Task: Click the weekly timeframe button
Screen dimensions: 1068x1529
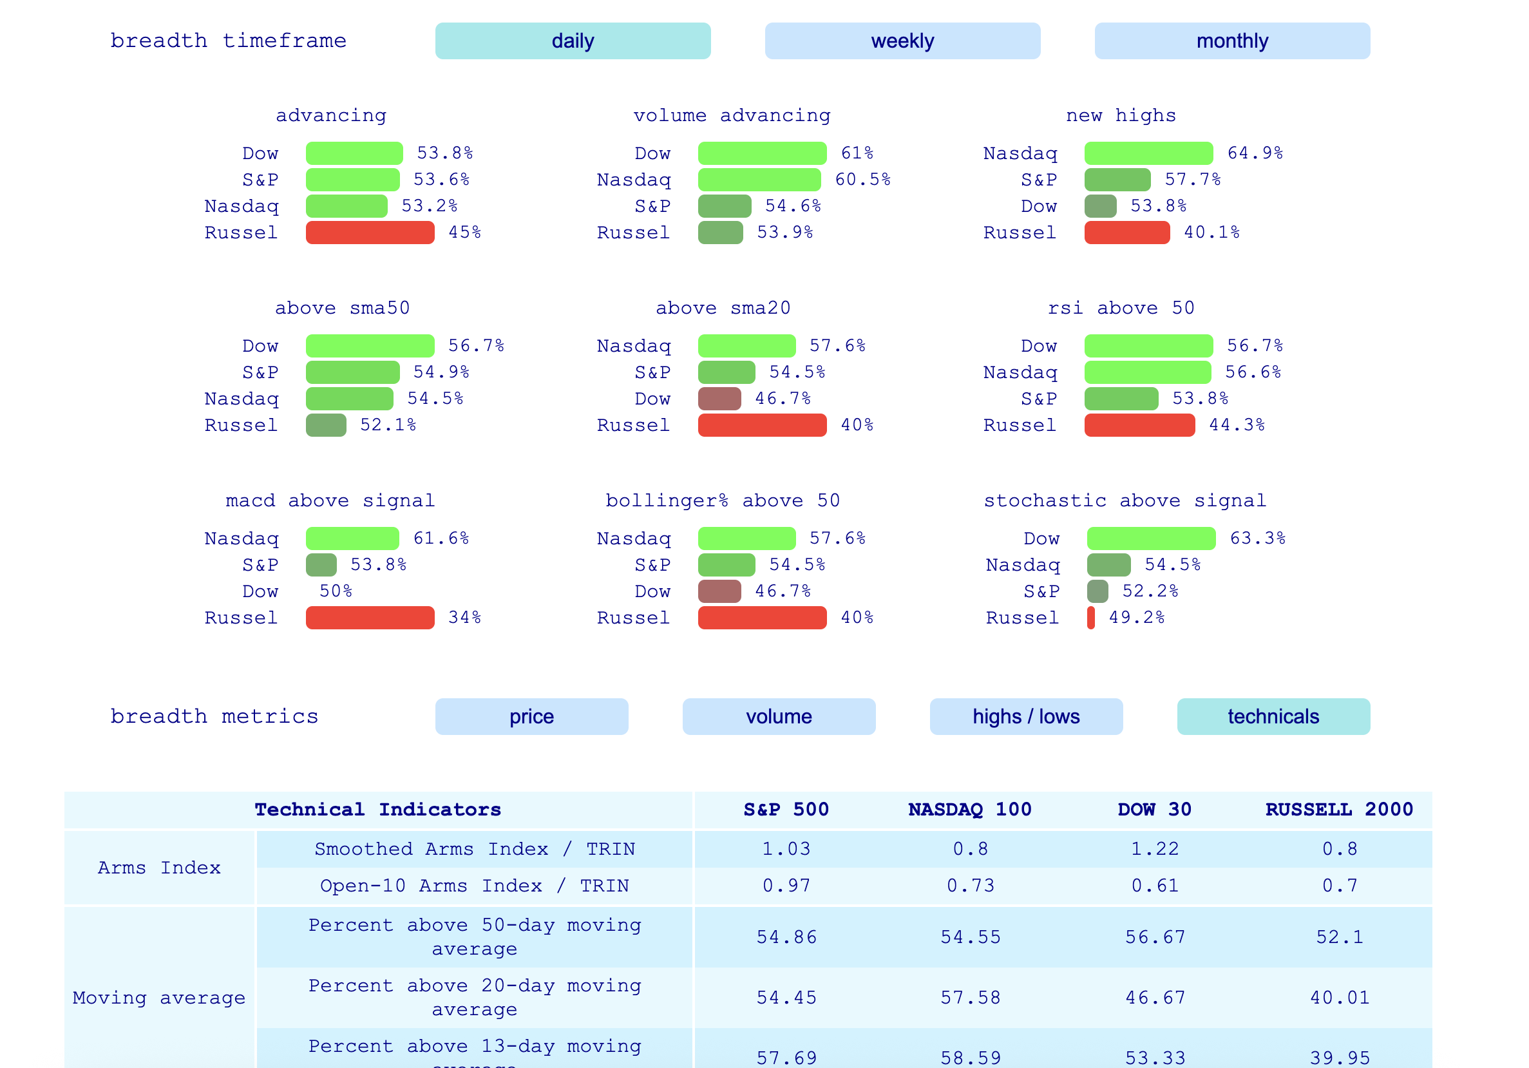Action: [902, 41]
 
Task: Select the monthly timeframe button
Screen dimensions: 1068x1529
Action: [1231, 41]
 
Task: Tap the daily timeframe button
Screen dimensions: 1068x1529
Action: [573, 41]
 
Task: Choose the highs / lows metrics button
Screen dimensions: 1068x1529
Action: [1025, 716]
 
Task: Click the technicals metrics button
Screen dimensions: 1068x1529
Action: [1273, 716]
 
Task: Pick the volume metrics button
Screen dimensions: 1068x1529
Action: [779, 716]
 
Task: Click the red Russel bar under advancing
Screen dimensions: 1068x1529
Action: [370, 233]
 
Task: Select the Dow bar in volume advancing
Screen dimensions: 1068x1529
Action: [762, 153]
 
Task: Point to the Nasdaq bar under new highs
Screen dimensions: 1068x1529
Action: [1148, 153]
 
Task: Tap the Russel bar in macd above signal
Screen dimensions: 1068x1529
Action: [370, 618]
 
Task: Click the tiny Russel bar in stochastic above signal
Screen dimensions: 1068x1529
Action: [1091, 618]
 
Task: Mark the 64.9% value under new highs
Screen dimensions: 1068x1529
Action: [1255, 153]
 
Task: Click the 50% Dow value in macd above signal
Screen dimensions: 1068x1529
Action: [336, 591]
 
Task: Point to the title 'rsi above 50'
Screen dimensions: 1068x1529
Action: [1121, 308]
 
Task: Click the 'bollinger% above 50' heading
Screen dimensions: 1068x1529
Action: [723, 501]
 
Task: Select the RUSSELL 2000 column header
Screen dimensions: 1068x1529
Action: [1338, 810]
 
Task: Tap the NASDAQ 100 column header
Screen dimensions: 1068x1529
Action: [969, 810]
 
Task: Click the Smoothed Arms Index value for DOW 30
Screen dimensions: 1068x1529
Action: [1155, 849]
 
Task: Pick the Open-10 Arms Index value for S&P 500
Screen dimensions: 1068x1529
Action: [786, 886]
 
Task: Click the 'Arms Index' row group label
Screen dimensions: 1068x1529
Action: [159, 868]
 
